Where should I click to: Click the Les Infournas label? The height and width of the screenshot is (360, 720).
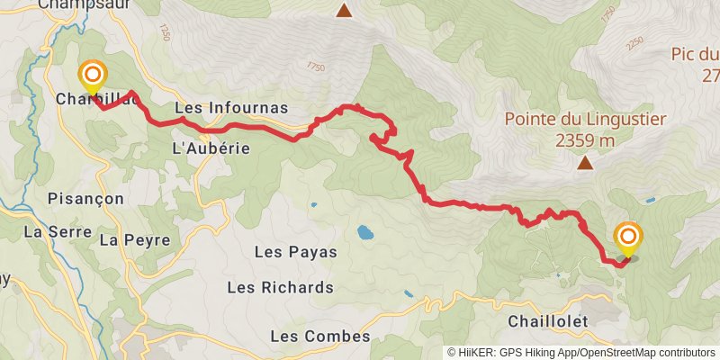[x=231, y=108]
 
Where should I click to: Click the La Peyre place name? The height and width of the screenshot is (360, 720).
[x=122, y=240]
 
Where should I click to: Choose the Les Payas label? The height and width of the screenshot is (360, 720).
[x=296, y=252]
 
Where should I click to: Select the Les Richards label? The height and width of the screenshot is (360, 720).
[x=281, y=288]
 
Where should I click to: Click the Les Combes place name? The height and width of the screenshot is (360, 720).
[x=320, y=337]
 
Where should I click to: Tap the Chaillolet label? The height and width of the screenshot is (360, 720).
[x=547, y=321]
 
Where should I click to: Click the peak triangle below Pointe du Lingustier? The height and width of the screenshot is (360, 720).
[x=586, y=163]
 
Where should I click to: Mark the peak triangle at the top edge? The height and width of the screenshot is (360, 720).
[x=344, y=11]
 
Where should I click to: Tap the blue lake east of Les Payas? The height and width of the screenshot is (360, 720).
[x=364, y=232]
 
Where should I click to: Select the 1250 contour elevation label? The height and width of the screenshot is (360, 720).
[x=163, y=32]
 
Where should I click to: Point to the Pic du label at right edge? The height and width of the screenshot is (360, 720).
[x=695, y=54]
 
